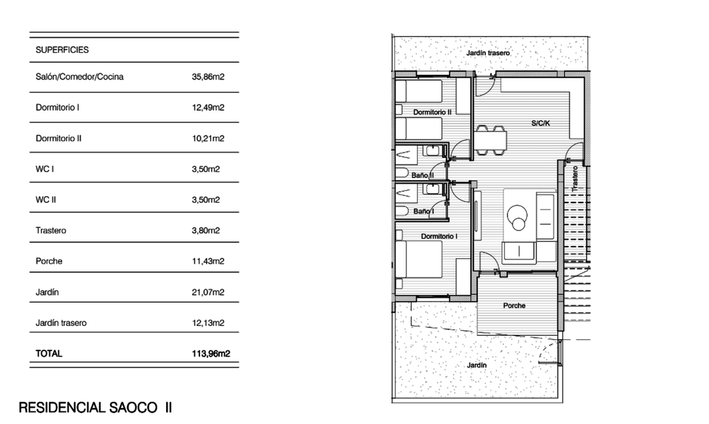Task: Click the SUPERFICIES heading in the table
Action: (x=62, y=49)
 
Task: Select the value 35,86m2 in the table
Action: (x=208, y=77)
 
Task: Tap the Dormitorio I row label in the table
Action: (x=57, y=107)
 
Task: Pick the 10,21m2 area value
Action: (x=208, y=139)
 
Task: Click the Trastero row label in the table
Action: (x=51, y=231)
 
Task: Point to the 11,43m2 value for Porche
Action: (x=208, y=261)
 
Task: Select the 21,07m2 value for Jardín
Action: (x=208, y=292)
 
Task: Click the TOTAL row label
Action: (x=49, y=354)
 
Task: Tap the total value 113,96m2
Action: (x=211, y=354)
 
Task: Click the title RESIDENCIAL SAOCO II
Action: (x=95, y=408)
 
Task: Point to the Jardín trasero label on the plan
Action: (x=488, y=53)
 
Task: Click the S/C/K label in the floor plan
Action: (x=541, y=122)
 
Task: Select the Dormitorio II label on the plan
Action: (x=433, y=112)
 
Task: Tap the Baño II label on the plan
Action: (x=423, y=176)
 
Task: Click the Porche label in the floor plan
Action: (x=514, y=306)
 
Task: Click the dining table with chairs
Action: (x=491, y=139)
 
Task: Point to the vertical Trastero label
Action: (x=575, y=178)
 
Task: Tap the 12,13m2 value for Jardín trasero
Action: (x=208, y=323)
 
